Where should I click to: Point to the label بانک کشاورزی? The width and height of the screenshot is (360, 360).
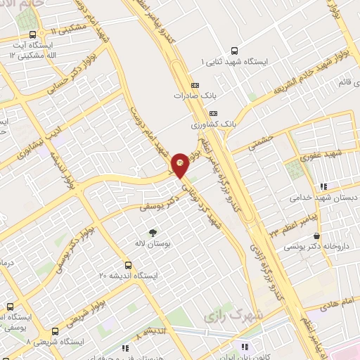(214, 124)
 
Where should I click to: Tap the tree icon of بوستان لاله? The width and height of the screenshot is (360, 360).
(153, 231)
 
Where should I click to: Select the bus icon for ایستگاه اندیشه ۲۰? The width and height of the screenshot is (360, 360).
(128, 265)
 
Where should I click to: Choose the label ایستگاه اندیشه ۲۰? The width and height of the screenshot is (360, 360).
(128, 276)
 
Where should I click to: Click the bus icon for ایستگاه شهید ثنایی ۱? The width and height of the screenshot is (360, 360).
(234, 50)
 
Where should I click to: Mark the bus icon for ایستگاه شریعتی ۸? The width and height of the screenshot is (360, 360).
(55, 330)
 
